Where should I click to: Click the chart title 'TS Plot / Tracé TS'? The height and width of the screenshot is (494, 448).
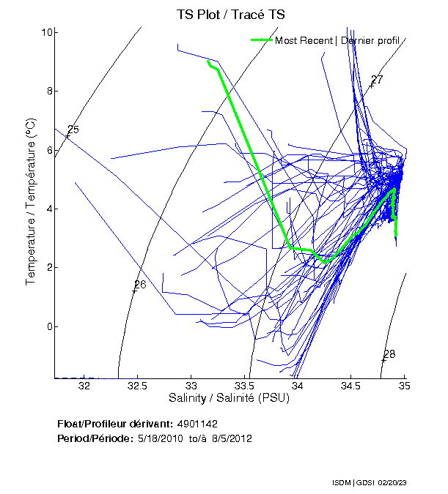pyautogui.click(x=230, y=15)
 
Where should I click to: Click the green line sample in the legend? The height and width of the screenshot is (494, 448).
pyautogui.click(x=262, y=40)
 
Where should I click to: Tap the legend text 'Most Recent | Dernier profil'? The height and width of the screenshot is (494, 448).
pyautogui.click(x=337, y=40)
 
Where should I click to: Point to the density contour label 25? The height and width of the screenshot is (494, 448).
pyautogui.click(x=73, y=130)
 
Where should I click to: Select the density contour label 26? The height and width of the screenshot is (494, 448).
pyautogui.click(x=140, y=285)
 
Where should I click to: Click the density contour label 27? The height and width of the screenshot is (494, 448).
pyautogui.click(x=378, y=80)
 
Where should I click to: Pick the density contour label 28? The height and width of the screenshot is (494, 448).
pyautogui.click(x=389, y=354)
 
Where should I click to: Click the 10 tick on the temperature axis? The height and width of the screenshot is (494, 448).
pyautogui.click(x=45, y=32)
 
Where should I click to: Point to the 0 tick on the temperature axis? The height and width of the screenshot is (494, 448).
pyautogui.click(x=48, y=326)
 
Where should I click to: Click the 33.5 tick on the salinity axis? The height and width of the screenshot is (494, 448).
pyautogui.click(x=245, y=386)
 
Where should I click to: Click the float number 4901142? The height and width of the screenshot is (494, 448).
pyautogui.click(x=197, y=424)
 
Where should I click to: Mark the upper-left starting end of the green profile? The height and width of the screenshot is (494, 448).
pyautogui.click(x=208, y=61)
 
